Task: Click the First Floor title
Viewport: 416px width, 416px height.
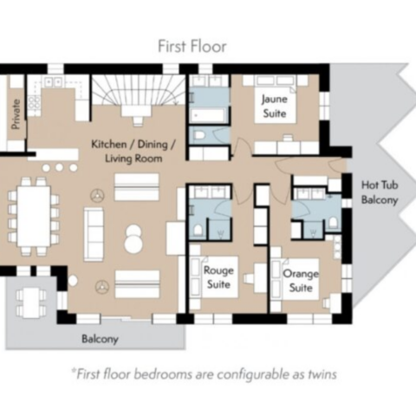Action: tap(192, 46)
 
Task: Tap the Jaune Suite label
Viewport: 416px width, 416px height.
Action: tap(275, 106)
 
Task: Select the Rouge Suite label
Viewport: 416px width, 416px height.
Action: tap(218, 277)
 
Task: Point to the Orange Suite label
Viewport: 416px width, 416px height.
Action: tap(301, 281)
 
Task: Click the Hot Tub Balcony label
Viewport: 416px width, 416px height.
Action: tap(380, 192)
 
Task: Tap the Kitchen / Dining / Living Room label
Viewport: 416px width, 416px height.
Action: tap(133, 151)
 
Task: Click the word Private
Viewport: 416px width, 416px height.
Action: tap(16, 114)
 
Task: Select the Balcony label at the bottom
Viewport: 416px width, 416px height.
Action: tap(100, 339)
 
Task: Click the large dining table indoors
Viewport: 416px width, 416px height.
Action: tap(34, 216)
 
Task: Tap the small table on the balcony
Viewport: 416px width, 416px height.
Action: tap(31, 302)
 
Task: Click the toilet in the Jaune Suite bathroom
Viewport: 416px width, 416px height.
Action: tap(199, 135)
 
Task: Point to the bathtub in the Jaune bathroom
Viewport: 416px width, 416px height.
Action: tap(208, 115)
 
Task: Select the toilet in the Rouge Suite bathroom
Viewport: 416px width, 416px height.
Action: tap(198, 231)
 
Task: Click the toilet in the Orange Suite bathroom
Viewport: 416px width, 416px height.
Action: tap(333, 223)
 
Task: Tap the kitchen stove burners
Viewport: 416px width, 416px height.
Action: tap(35, 102)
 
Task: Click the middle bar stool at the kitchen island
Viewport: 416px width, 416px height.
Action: tap(60, 167)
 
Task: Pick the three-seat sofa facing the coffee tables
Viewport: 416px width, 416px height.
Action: tap(94, 234)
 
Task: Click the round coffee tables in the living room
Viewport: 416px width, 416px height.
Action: tap(133, 239)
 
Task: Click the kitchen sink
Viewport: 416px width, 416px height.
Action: tap(53, 82)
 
